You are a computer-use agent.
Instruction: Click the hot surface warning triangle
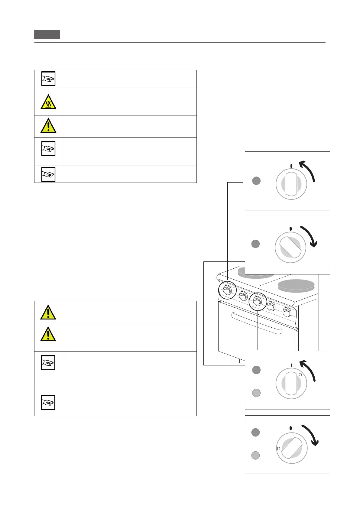pyautogui.click(x=48, y=102)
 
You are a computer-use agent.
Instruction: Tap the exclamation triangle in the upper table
pyautogui.click(x=48, y=125)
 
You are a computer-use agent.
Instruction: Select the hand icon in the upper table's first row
pyautogui.click(x=48, y=79)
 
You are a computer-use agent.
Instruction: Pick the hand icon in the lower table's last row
pyautogui.click(x=48, y=402)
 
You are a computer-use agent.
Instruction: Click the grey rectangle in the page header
pyautogui.click(x=47, y=34)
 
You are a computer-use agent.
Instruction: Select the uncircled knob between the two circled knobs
pyautogui.click(x=243, y=296)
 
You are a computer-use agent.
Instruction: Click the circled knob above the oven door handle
pyautogui.click(x=257, y=301)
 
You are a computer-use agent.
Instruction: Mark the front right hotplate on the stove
pyautogui.click(x=296, y=285)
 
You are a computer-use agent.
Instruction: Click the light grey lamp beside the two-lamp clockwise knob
pyautogui.click(x=256, y=455)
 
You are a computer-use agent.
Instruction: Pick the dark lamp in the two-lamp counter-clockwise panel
pyautogui.click(x=256, y=370)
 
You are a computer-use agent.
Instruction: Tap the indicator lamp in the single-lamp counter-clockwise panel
pyautogui.click(x=256, y=181)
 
